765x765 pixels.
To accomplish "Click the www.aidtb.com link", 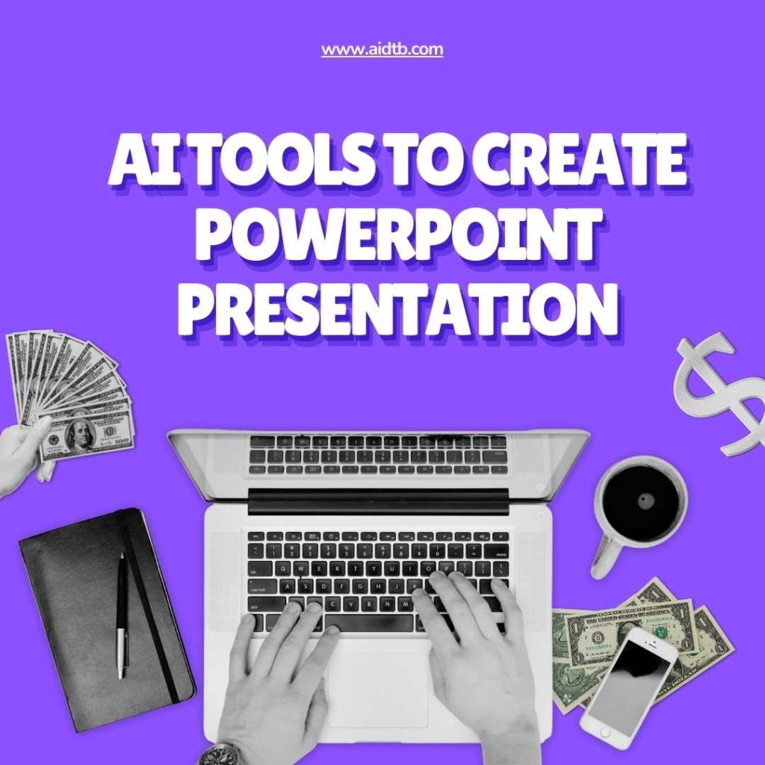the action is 382,49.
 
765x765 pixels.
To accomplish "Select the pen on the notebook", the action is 122,616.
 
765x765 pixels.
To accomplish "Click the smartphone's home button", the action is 605,732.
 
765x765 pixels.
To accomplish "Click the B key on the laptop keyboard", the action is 369,604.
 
